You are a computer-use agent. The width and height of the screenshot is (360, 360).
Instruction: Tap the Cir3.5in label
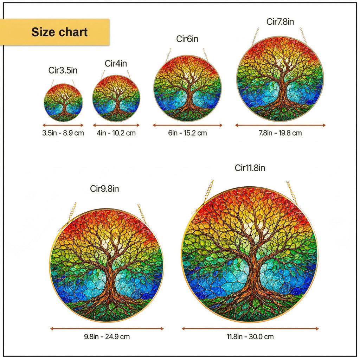(63, 70)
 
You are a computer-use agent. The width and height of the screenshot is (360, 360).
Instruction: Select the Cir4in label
(116, 63)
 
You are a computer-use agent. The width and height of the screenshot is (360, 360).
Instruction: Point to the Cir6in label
(187, 39)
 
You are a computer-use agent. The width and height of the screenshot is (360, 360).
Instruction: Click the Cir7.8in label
(280, 21)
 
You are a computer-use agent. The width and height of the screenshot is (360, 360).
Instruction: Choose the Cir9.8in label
(104, 188)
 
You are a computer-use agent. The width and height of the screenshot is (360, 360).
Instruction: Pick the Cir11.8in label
(250, 168)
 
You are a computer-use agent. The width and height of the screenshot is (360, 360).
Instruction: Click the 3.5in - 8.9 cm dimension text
(63, 133)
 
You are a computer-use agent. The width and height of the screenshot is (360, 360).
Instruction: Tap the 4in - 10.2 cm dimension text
(116, 133)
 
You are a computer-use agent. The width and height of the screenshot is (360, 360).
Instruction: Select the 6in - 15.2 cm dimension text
(188, 133)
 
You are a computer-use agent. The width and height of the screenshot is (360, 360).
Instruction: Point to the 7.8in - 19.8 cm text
(280, 133)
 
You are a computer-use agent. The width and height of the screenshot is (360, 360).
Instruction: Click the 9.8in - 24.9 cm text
(107, 336)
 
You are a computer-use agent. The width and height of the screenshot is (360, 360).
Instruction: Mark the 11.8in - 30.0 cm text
(250, 336)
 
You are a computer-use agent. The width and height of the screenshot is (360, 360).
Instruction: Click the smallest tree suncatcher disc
(63, 103)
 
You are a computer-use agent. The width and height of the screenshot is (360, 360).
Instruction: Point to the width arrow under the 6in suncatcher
(188, 125)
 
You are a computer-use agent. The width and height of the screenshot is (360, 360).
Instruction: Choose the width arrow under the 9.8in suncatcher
(107, 329)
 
